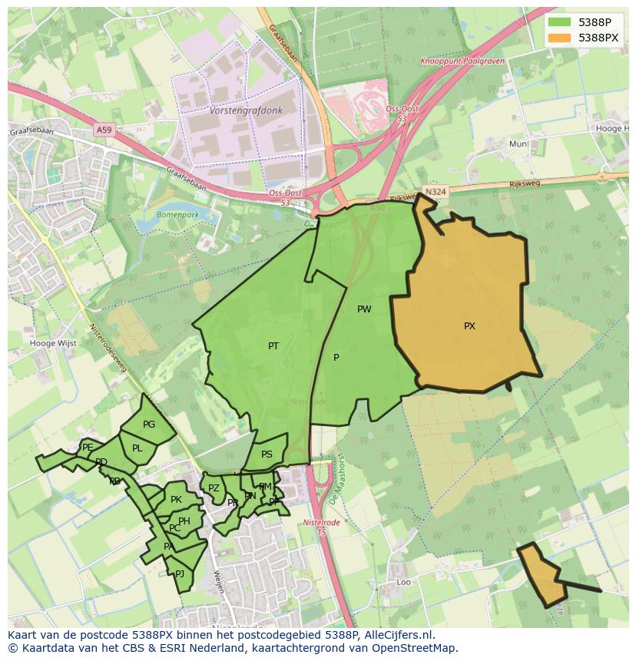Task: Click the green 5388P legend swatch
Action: pos(560,22)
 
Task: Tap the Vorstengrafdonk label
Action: pos(246,111)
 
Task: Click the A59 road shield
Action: pos(104,130)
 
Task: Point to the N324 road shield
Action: pos(435,190)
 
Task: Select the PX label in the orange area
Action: pos(469,326)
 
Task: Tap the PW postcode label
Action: pos(364,309)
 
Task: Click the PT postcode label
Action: pos(273,346)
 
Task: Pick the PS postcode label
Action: pos(267,454)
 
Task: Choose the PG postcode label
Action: pos(149,425)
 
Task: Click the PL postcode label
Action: pos(137,448)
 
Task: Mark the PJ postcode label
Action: pos(180,573)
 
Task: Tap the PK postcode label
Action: pos(176,500)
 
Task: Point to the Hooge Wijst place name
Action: pos(53,343)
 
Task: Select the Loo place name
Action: pos(403,583)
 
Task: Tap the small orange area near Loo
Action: pos(542,574)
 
